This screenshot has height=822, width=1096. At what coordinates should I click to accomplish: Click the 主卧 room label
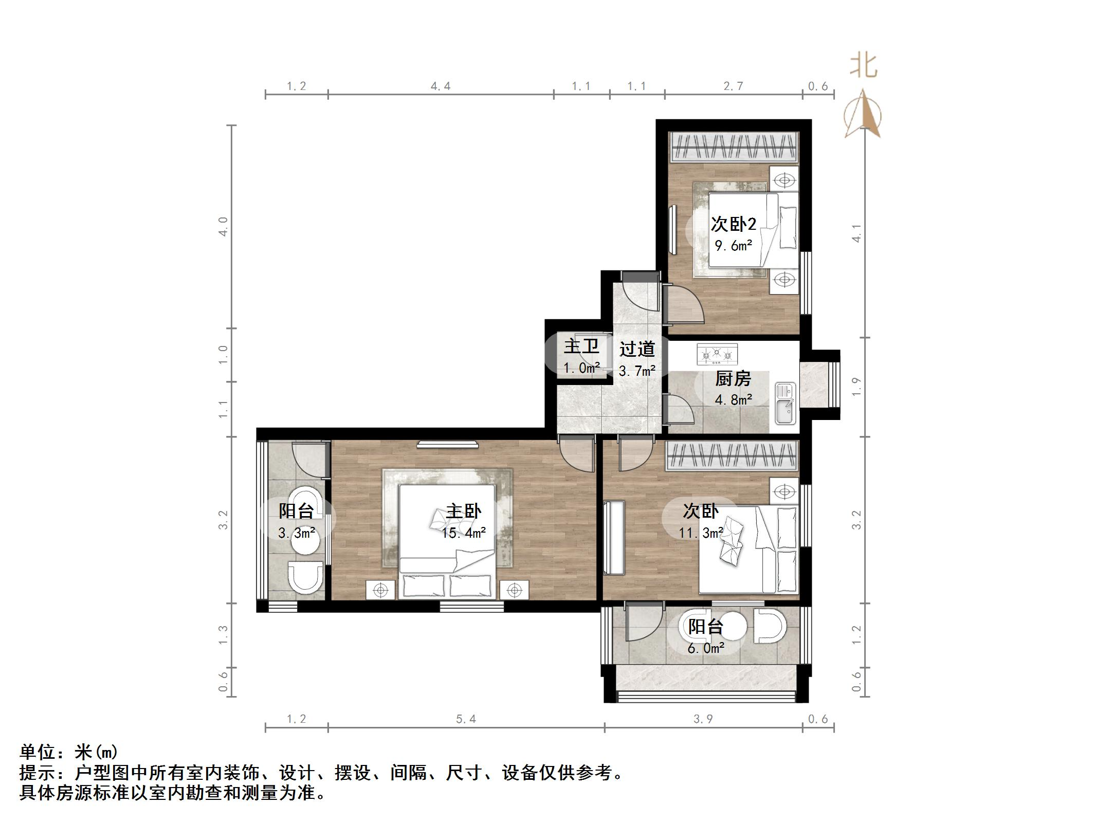tap(464, 511)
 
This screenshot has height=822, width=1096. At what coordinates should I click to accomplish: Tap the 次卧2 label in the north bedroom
tap(734, 224)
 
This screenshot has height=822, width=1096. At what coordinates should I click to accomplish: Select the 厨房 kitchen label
tap(734, 379)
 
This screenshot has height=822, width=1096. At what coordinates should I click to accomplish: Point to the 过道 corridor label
tap(637, 349)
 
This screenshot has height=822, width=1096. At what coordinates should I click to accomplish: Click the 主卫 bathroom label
tap(581, 346)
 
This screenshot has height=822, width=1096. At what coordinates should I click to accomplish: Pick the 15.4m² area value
tap(464, 533)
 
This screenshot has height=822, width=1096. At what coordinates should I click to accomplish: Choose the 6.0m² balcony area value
tap(706, 648)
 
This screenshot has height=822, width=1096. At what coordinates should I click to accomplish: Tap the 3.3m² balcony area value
tap(297, 533)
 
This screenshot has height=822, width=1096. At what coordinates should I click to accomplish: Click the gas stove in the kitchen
tap(717, 354)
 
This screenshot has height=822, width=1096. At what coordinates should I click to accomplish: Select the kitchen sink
tap(785, 404)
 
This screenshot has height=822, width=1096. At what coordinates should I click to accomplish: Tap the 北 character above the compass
tap(864, 66)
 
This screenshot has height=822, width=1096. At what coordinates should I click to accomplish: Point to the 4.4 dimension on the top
tap(441, 86)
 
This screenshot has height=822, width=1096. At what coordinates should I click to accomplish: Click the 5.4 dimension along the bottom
tap(466, 719)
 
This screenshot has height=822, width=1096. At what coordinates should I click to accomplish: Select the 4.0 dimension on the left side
tap(223, 227)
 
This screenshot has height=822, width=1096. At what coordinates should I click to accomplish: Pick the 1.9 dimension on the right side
tap(856, 387)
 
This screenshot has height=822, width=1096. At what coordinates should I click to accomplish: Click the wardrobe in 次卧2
tap(734, 148)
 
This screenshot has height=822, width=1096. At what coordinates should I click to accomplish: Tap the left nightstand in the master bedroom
tap(380, 590)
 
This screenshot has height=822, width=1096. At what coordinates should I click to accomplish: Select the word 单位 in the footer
tap(38, 752)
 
